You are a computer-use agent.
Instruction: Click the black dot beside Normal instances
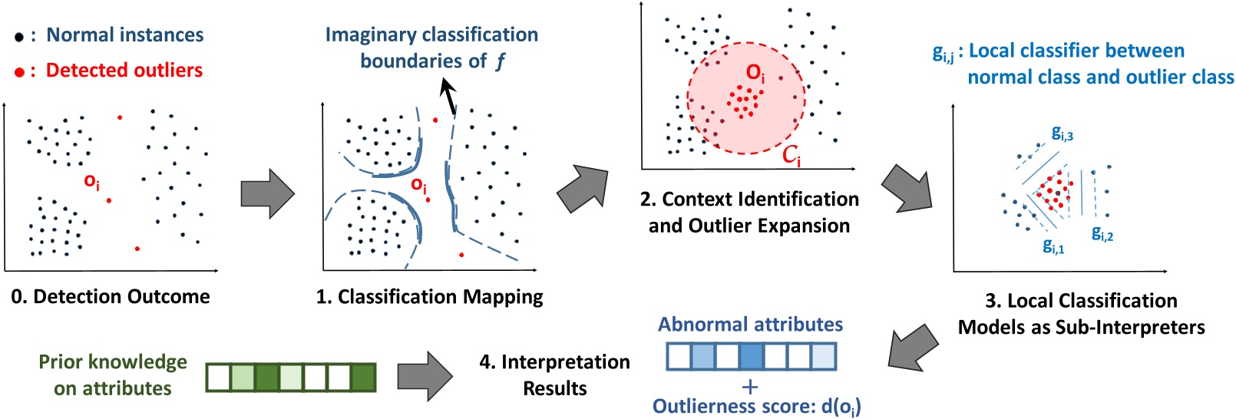(19, 37)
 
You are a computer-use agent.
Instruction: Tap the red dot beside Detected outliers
(19, 72)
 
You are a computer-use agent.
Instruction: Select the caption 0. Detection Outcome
(111, 297)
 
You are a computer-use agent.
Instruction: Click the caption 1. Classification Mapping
(429, 297)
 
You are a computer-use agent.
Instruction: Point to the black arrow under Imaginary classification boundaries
(448, 98)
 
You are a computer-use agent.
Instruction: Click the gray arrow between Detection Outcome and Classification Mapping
(267, 193)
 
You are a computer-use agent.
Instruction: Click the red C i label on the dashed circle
(791, 156)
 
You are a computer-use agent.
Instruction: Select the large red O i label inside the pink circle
(755, 73)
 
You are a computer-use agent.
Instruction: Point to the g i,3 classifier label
(1062, 134)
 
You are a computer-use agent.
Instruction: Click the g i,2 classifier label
(1102, 234)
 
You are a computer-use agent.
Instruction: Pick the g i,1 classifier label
(1053, 246)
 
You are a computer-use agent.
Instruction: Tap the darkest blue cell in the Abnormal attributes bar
(752, 357)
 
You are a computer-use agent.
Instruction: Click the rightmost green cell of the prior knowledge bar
(363, 378)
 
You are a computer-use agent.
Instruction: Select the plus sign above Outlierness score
(750, 387)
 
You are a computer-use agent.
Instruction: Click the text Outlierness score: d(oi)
(756, 406)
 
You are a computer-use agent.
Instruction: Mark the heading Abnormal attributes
(750, 325)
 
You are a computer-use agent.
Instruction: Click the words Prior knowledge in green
(113, 362)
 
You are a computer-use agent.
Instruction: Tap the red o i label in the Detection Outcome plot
(91, 182)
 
